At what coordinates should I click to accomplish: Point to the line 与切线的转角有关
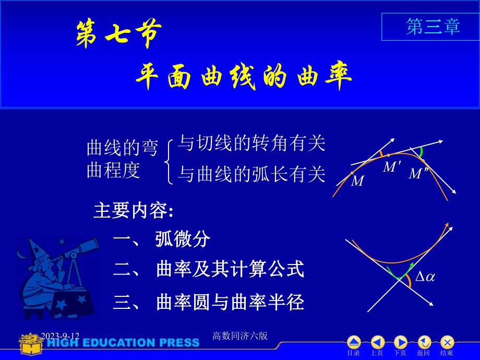point(251,143)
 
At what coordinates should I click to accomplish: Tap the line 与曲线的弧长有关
point(251,174)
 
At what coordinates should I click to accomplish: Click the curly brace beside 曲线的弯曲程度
point(169,161)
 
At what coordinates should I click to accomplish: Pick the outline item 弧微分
point(183,239)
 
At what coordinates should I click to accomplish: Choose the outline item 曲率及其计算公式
point(230,270)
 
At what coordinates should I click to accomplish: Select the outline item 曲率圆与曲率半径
point(230,302)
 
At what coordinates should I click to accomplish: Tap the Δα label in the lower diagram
point(425,277)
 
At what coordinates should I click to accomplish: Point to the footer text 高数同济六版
point(241,336)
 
